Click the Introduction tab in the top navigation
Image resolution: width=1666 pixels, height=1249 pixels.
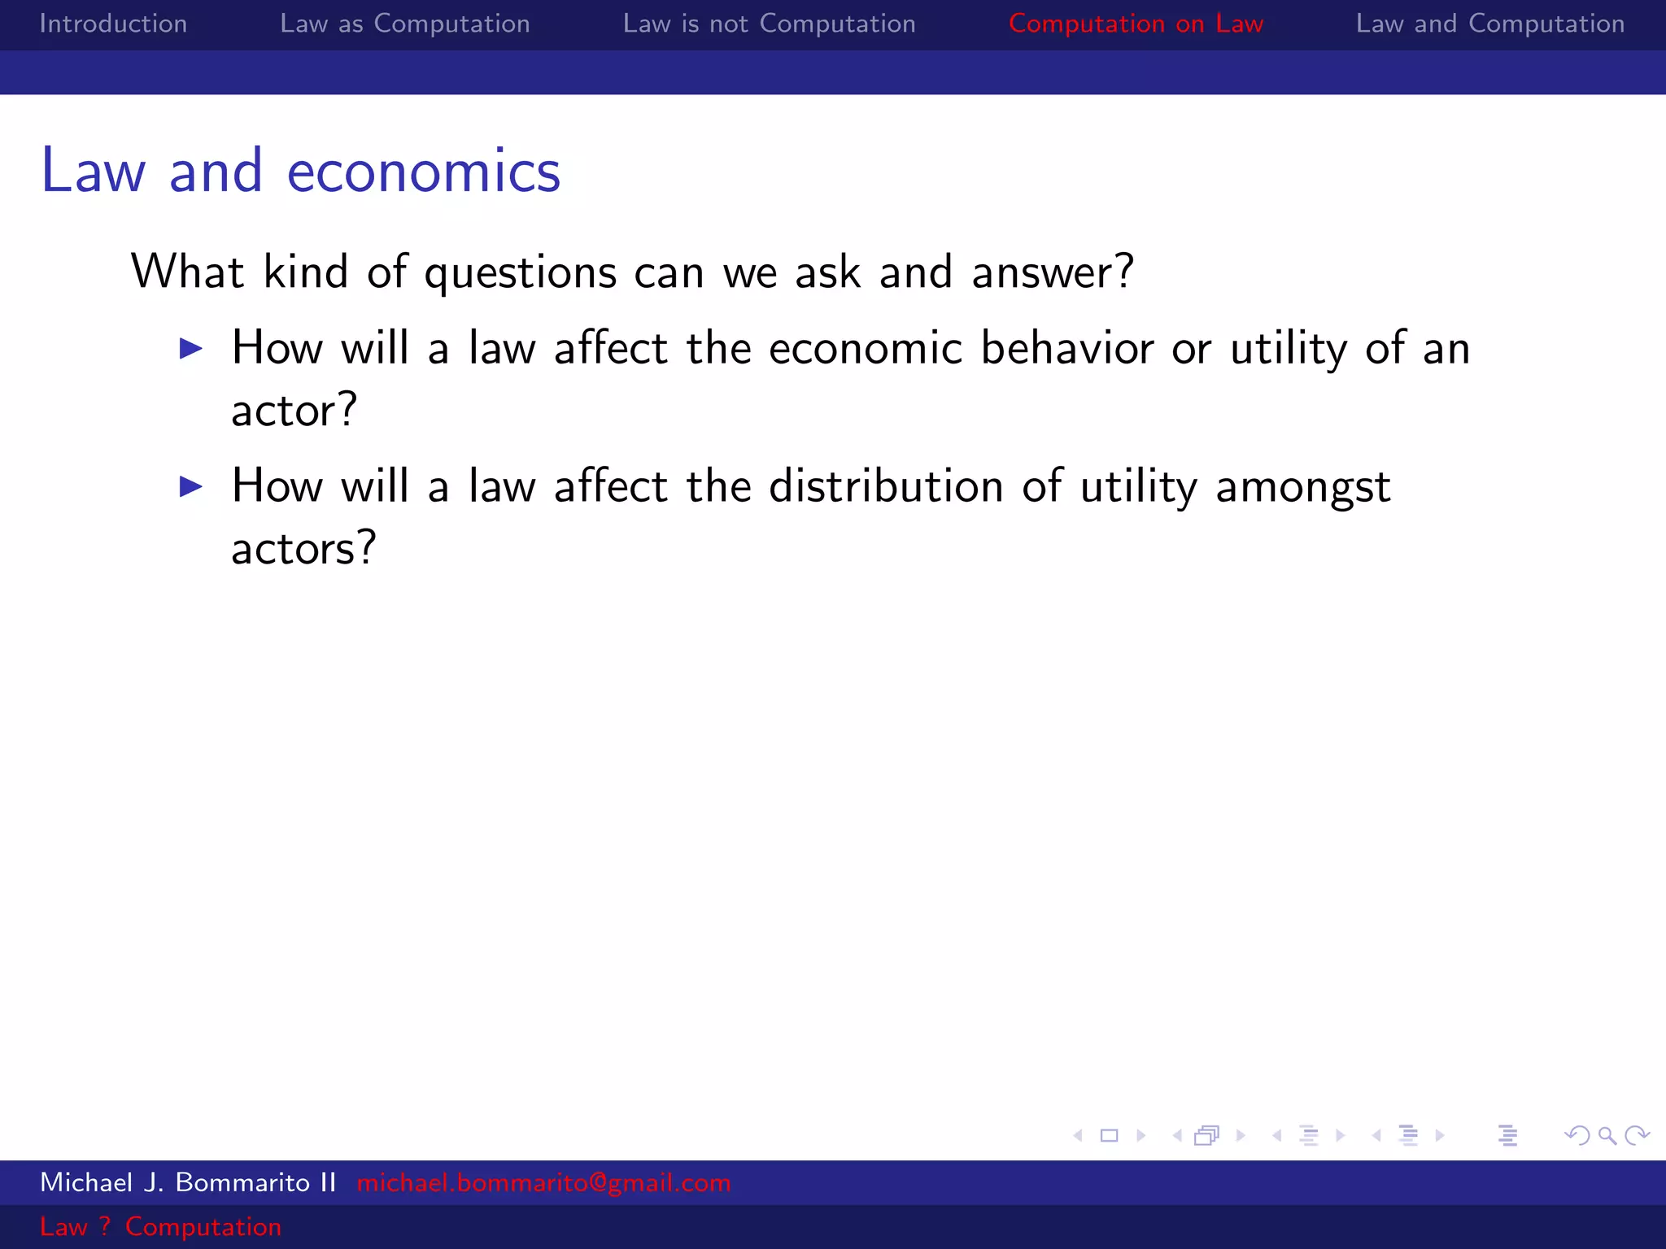tap(113, 24)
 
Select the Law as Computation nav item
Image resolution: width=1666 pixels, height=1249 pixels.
tap(404, 24)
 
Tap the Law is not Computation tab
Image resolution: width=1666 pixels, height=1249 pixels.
tap(769, 24)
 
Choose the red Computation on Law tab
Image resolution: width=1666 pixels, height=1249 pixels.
tap(1136, 24)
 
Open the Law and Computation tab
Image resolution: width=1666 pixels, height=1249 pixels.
tap(1489, 24)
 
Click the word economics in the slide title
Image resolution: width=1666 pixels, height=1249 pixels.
tap(424, 172)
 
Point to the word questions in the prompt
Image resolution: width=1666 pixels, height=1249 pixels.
tap(521, 272)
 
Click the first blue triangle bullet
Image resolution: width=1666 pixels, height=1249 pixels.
tap(191, 349)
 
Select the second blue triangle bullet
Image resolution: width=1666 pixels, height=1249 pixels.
tap(191, 487)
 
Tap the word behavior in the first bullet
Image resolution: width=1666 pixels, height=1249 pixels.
tap(1066, 348)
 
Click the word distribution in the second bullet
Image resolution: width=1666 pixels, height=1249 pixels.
tap(886, 486)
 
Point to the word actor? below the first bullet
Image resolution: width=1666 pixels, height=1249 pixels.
tap(294, 410)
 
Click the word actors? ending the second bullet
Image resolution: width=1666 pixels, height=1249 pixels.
tap(303, 548)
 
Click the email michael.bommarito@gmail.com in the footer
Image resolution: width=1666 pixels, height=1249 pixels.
tap(543, 1182)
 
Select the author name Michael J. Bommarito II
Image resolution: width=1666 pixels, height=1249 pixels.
tap(188, 1182)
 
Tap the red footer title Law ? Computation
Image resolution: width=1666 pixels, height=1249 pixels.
tap(160, 1226)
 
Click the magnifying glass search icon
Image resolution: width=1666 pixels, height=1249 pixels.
tap(1607, 1135)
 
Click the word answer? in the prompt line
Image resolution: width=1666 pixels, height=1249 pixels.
tap(1052, 272)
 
